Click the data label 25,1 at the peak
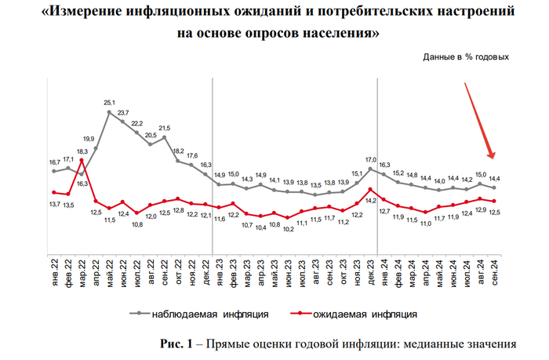click(110, 103)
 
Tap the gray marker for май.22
click(110, 113)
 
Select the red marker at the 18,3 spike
click(82, 162)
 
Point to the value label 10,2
click(289, 229)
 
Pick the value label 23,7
click(123, 112)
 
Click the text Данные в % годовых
click(466, 56)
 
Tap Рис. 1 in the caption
click(174, 344)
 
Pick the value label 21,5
click(165, 129)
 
